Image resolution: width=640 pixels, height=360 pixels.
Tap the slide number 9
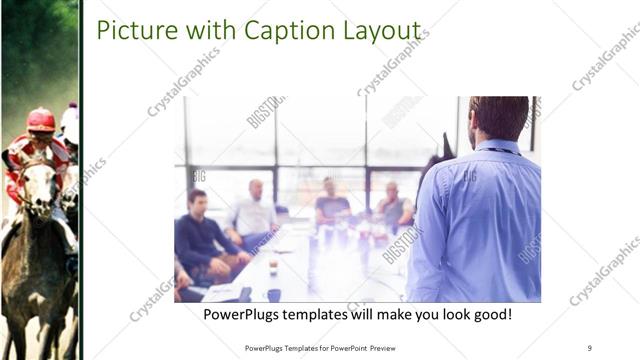pyautogui.click(x=589, y=347)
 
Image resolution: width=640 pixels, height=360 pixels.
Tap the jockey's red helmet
pyautogui.click(x=41, y=119)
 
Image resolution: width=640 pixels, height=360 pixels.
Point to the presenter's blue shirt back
pyautogui.click(x=480, y=220)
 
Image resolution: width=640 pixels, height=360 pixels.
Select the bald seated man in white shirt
pyautogui.click(x=254, y=210)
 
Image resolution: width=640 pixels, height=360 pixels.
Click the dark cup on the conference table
pyautogui.click(x=273, y=294)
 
